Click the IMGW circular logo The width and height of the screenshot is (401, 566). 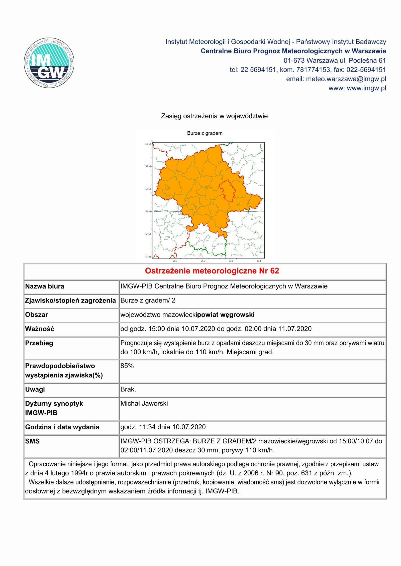pyautogui.click(x=49, y=63)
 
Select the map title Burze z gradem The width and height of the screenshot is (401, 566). pyautogui.click(x=205, y=133)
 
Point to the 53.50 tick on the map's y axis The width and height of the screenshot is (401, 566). pyautogui.click(x=148, y=144)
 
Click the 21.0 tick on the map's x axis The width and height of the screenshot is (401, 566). pyautogui.click(x=203, y=261)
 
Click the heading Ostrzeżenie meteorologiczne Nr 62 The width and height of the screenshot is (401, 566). pyautogui.click(x=212, y=271)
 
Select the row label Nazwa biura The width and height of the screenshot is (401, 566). pyautogui.click(x=45, y=286)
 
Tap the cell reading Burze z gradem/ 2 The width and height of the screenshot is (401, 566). pyautogui.click(x=148, y=300)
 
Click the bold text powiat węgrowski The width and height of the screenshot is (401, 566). pyautogui.click(x=226, y=315)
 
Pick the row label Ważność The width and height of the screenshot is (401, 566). pyautogui.click(x=40, y=329)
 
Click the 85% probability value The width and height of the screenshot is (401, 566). pyautogui.click(x=127, y=366)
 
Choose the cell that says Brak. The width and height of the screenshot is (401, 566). pyautogui.click(x=128, y=389)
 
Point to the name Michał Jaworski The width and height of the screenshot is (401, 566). pyautogui.click(x=144, y=403)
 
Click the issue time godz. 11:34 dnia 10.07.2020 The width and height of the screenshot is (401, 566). pyautogui.click(x=163, y=427)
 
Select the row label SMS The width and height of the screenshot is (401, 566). pyautogui.click(x=32, y=441)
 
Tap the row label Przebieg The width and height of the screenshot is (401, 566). pyautogui.click(x=39, y=343)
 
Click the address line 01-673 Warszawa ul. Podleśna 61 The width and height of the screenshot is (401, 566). pyautogui.click(x=335, y=60)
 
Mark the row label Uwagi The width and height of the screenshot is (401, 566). pyautogui.click(x=35, y=389)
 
